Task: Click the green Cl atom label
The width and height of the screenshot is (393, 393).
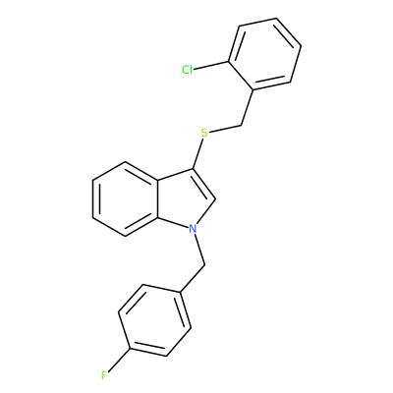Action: click(187, 70)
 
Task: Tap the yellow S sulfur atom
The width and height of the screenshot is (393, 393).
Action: click(204, 133)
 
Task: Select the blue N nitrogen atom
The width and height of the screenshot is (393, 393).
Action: click(194, 228)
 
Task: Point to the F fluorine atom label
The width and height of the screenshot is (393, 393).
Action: click(104, 375)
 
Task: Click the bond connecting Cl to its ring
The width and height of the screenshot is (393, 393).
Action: click(211, 66)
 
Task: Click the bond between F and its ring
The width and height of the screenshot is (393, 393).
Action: click(120, 361)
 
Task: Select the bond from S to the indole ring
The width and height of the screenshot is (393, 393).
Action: click(198, 154)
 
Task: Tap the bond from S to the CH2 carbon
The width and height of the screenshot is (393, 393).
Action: click(226, 129)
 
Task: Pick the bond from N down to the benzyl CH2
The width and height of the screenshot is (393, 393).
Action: click(200, 250)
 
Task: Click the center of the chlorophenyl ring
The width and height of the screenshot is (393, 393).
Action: click(264, 54)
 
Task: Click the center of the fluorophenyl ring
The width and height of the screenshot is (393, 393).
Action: click(154, 319)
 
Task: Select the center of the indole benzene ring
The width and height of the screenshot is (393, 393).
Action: click(126, 198)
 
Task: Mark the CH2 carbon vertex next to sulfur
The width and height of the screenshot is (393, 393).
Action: click(242, 125)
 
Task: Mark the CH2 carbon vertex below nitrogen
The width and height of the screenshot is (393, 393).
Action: click(204, 265)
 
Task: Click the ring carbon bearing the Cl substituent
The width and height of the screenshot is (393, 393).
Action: click(229, 62)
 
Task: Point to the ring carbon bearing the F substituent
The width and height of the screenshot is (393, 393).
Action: click(131, 349)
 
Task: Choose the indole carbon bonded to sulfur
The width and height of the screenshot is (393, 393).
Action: click(194, 169)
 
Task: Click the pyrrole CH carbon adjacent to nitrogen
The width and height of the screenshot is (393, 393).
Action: click(215, 199)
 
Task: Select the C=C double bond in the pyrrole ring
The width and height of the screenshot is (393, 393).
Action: click(203, 185)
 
